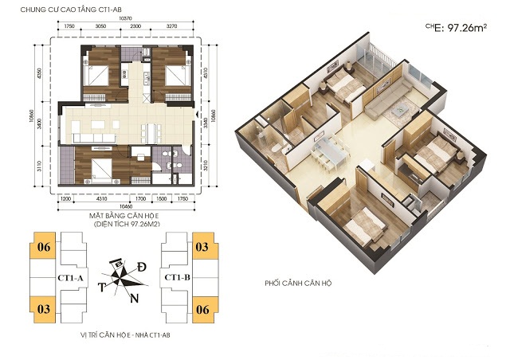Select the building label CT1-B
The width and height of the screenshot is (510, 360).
[x=176, y=276]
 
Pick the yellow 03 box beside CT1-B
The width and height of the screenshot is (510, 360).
[x=202, y=248]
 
